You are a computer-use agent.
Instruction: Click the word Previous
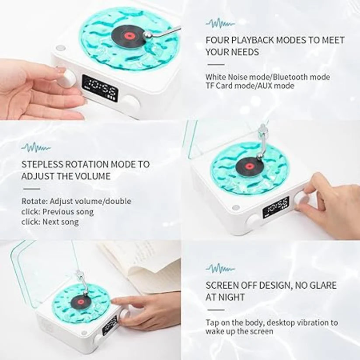(x=60, y=212)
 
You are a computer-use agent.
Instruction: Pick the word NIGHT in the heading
(x=232, y=297)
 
